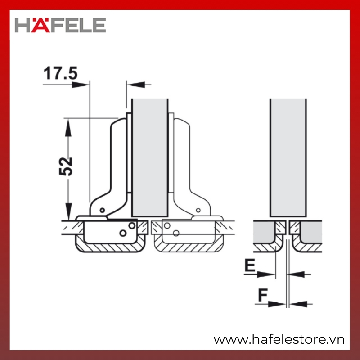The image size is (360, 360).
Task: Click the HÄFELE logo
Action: coord(60,25)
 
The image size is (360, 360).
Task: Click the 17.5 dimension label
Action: coord(61,73)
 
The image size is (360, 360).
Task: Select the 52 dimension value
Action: coord(66,166)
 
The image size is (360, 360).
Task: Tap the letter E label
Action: coord(250,265)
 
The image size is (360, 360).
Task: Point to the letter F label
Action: coord(263,295)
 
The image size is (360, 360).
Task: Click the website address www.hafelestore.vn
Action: coord(279,340)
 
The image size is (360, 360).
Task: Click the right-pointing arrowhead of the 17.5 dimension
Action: coord(81,85)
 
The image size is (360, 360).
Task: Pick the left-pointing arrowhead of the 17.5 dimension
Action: coord(136,85)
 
